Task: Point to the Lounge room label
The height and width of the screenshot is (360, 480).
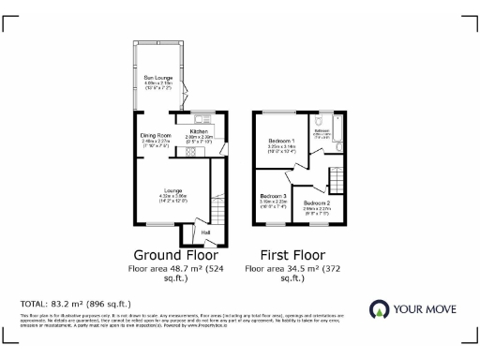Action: [171, 189]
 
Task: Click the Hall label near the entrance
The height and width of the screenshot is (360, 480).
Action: [204, 232]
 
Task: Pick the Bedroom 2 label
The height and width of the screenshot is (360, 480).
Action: [317, 202]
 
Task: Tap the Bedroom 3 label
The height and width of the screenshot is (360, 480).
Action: [273, 196]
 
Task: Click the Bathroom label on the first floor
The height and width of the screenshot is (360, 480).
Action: [322, 130]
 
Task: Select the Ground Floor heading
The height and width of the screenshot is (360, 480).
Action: [175, 254]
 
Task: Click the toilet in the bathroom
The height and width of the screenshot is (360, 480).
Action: [321, 120]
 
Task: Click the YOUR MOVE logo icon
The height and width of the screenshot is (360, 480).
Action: [380, 310]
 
